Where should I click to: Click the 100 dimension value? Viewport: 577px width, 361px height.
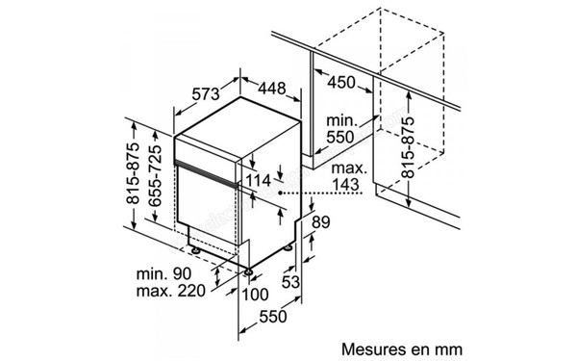pyautogui.click(x=256, y=295)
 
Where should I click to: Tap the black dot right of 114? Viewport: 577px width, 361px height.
pyautogui.click(x=280, y=192)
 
